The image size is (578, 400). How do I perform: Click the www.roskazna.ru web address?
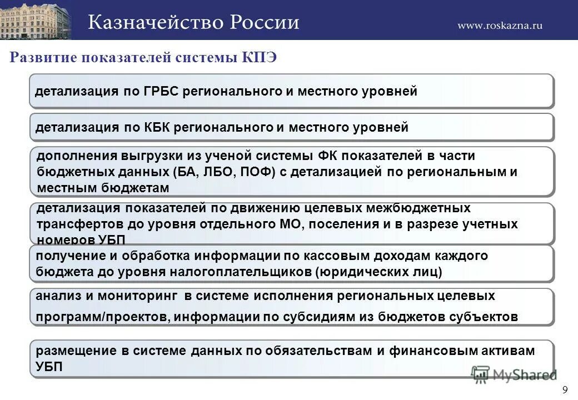[500, 25]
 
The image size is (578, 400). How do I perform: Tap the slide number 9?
[565, 389]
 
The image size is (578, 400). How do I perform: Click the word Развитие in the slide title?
[43, 57]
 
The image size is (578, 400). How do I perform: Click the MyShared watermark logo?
[514, 374]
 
